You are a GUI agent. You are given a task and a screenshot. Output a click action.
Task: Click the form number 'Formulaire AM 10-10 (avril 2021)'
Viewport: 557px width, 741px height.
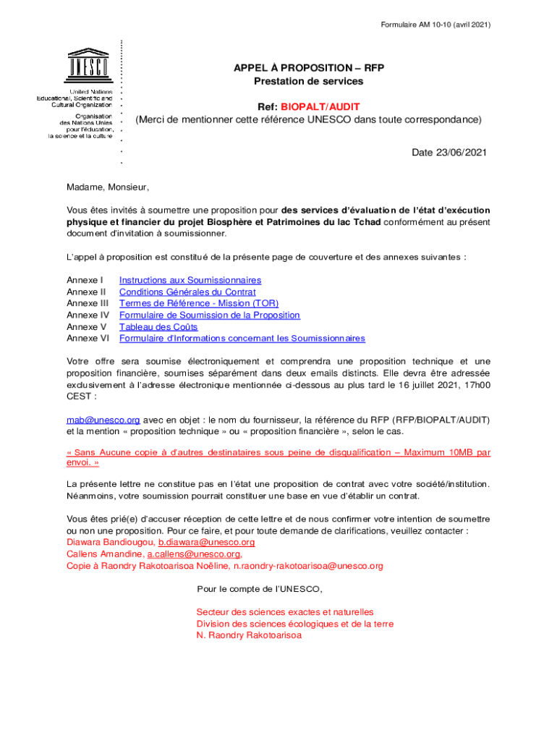point(435,25)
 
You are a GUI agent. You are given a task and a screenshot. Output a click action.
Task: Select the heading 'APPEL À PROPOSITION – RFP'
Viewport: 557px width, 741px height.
point(308,68)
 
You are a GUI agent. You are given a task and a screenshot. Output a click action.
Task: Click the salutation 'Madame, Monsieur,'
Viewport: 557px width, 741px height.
point(108,187)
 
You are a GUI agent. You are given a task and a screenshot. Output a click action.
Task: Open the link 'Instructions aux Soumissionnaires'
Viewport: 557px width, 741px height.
point(190,280)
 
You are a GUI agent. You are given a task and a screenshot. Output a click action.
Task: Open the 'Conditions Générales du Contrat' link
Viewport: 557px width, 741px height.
point(187,292)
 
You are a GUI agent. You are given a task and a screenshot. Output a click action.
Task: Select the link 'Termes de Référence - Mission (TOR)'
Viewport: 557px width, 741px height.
point(199,303)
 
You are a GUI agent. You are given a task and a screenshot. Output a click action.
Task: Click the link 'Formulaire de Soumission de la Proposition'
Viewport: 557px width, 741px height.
point(210,315)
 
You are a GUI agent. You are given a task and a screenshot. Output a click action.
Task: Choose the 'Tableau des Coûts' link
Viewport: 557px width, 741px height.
point(158,326)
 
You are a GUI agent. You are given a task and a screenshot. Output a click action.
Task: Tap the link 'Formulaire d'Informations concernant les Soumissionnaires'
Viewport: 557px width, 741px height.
point(242,338)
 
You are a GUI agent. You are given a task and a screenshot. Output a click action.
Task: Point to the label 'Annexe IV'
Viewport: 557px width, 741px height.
point(88,315)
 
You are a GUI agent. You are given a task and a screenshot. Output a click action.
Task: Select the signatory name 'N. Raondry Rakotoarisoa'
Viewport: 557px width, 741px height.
point(249,635)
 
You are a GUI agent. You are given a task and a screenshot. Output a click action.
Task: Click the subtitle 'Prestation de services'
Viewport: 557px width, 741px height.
point(308,81)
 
